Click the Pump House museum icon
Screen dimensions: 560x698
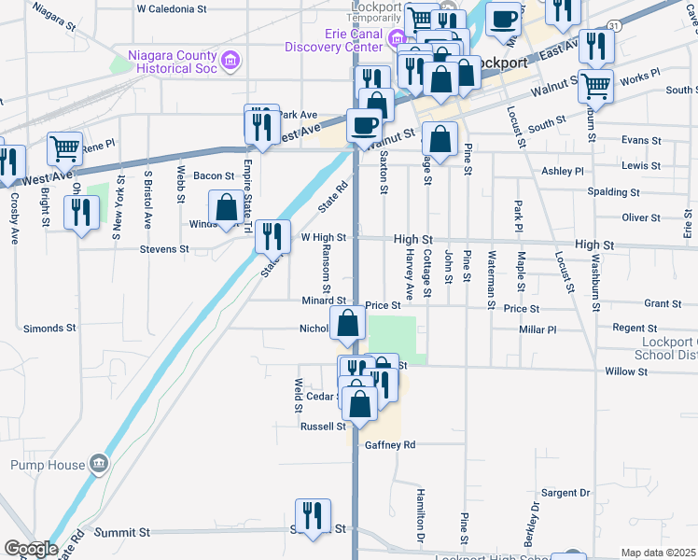click(98, 464)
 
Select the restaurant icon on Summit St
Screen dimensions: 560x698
click(313, 516)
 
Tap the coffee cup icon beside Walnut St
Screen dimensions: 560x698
click(364, 124)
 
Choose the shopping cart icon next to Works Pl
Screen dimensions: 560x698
click(595, 87)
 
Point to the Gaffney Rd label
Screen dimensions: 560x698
click(389, 445)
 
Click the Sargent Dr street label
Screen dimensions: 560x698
click(565, 492)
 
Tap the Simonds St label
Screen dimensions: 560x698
click(49, 329)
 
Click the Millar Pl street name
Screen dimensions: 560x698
click(537, 329)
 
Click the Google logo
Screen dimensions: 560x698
click(30, 549)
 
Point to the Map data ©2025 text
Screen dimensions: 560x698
click(658, 553)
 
